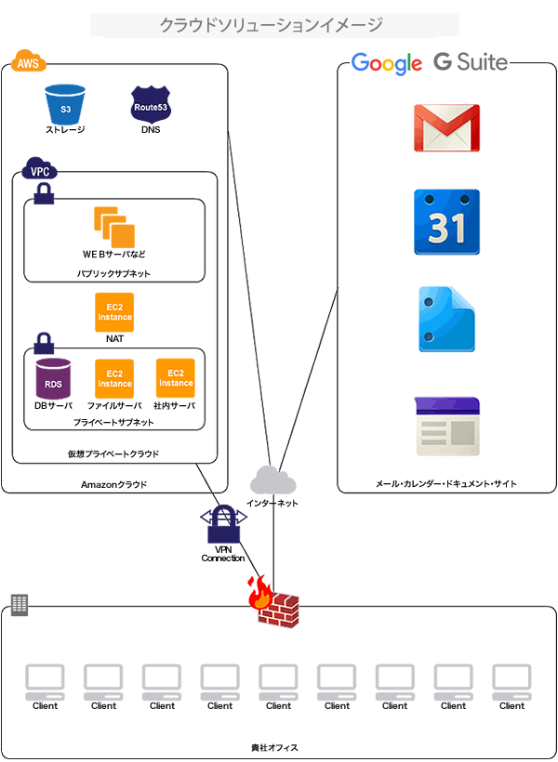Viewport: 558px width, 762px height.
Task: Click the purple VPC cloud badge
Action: (x=39, y=171)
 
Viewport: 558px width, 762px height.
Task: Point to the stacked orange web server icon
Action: (x=113, y=226)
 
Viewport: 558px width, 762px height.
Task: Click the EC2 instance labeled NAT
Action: (x=114, y=312)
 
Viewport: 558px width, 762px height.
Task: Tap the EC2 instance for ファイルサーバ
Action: (x=114, y=378)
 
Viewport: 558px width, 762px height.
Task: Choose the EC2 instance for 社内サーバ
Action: (x=175, y=377)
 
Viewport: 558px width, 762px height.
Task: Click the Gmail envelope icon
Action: (x=446, y=128)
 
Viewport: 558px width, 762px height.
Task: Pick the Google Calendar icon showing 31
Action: (x=446, y=222)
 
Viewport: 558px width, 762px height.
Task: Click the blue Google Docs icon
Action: (x=446, y=319)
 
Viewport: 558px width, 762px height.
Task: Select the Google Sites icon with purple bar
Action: (x=446, y=426)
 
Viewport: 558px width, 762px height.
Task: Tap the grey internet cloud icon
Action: (x=272, y=480)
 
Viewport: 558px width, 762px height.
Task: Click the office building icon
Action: (x=19, y=605)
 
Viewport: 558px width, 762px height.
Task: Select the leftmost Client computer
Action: (x=45, y=682)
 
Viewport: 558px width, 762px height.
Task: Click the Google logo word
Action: (x=386, y=63)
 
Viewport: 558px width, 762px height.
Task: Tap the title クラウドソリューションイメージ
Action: (x=271, y=25)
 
